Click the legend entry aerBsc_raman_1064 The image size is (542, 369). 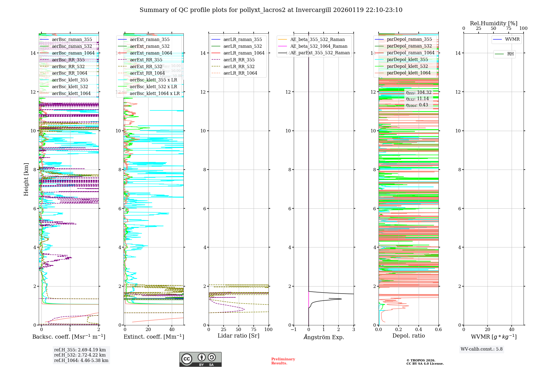[73, 53]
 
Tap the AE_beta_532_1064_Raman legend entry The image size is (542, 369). [319, 46]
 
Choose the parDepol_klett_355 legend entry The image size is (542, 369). [407, 59]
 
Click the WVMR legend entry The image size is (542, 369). [512, 39]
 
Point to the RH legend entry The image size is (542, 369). [510, 54]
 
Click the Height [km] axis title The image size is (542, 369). [26, 179]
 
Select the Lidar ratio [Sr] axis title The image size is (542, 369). [238, 336]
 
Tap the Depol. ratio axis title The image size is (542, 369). [408, 336]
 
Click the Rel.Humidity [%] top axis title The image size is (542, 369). [493, 23]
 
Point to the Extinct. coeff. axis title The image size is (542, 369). [154, 337]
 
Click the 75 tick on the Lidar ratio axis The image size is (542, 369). [254, 330]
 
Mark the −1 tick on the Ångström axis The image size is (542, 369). [293, 330]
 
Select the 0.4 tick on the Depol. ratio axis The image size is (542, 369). [418, 330]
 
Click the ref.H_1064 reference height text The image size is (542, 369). [81, 361]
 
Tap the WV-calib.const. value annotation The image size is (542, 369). [482, 349]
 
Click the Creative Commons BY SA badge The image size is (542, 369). [200, 359]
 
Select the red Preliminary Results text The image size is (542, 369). [283, 361]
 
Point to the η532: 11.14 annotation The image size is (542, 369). [417, 99]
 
